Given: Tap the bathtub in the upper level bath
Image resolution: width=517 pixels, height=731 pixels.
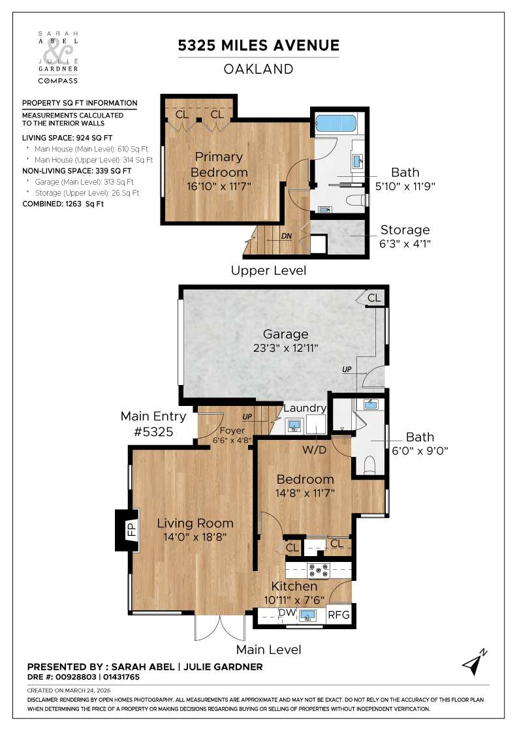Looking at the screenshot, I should tap(336, 123).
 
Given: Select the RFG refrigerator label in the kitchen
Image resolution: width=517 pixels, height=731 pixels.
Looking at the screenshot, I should tap(338, 615).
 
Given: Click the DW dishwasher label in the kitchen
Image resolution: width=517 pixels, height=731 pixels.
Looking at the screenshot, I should tap(287, 614).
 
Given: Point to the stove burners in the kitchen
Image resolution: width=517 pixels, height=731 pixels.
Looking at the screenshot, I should tap(319, 569).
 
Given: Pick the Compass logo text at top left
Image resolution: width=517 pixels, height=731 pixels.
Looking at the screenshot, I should tap(57, 81).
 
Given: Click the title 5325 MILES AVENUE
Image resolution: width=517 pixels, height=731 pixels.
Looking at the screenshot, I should tap(259, 46).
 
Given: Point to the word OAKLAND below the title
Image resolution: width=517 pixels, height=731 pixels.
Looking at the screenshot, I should tap(259, 69).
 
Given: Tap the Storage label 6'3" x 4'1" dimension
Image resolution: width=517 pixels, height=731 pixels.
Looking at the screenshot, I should tap(405, 243).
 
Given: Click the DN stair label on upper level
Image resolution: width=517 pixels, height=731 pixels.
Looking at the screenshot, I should tap(286, 236).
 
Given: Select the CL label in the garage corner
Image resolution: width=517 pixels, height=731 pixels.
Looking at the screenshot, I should tap(373, 298).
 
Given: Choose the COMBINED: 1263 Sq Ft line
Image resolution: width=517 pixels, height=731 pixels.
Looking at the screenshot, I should tap(63, 204).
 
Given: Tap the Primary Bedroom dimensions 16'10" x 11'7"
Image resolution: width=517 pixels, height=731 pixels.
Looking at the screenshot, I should tap(219, 186).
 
